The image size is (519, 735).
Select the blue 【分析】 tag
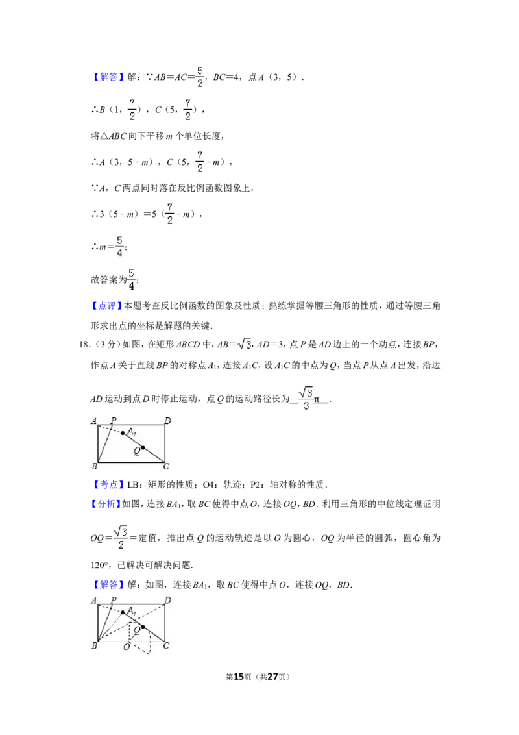pos(106,504)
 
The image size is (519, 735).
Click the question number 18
pos(84,345)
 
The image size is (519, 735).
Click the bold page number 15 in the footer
pos(239,677)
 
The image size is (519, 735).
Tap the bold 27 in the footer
pos(272,677)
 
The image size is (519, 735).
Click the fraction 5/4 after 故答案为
pos(131,279)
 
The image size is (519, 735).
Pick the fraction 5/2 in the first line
pos(200,77)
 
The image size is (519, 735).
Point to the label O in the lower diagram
pos(127,647)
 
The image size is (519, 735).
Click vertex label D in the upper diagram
pos(167,421)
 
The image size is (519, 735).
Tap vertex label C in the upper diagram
pos(166,466)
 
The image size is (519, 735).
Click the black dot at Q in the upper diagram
pos(143,447)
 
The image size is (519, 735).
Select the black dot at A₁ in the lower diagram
pos(123,612)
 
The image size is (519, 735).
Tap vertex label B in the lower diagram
pos(95,645)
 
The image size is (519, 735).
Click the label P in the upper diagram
pos(114,421)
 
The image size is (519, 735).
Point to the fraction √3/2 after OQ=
pos(121,537)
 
